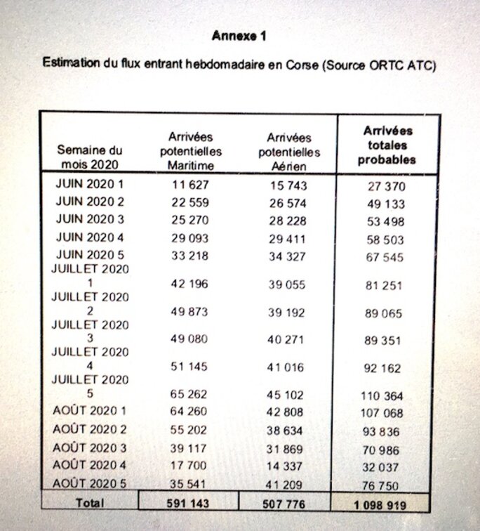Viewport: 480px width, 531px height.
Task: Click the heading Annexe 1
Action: click(239, 36)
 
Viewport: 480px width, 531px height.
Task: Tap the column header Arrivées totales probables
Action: click(387, 145)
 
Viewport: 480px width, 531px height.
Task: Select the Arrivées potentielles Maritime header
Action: click(190, 151)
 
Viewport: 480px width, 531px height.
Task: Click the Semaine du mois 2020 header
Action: click(89, 158)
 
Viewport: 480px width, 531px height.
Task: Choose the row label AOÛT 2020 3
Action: click(89, 447)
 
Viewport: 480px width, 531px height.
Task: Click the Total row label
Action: click(89, 503)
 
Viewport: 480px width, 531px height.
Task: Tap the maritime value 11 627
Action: click(189, 185)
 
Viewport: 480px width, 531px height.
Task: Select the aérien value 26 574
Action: click(288, 204)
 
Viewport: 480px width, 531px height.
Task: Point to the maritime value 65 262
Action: click(189, 395)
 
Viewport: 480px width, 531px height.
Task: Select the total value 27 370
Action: click(387, 187)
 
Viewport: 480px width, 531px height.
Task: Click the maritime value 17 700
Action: click(189, 466)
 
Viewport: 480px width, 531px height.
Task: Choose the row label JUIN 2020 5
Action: click(89, 255)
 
